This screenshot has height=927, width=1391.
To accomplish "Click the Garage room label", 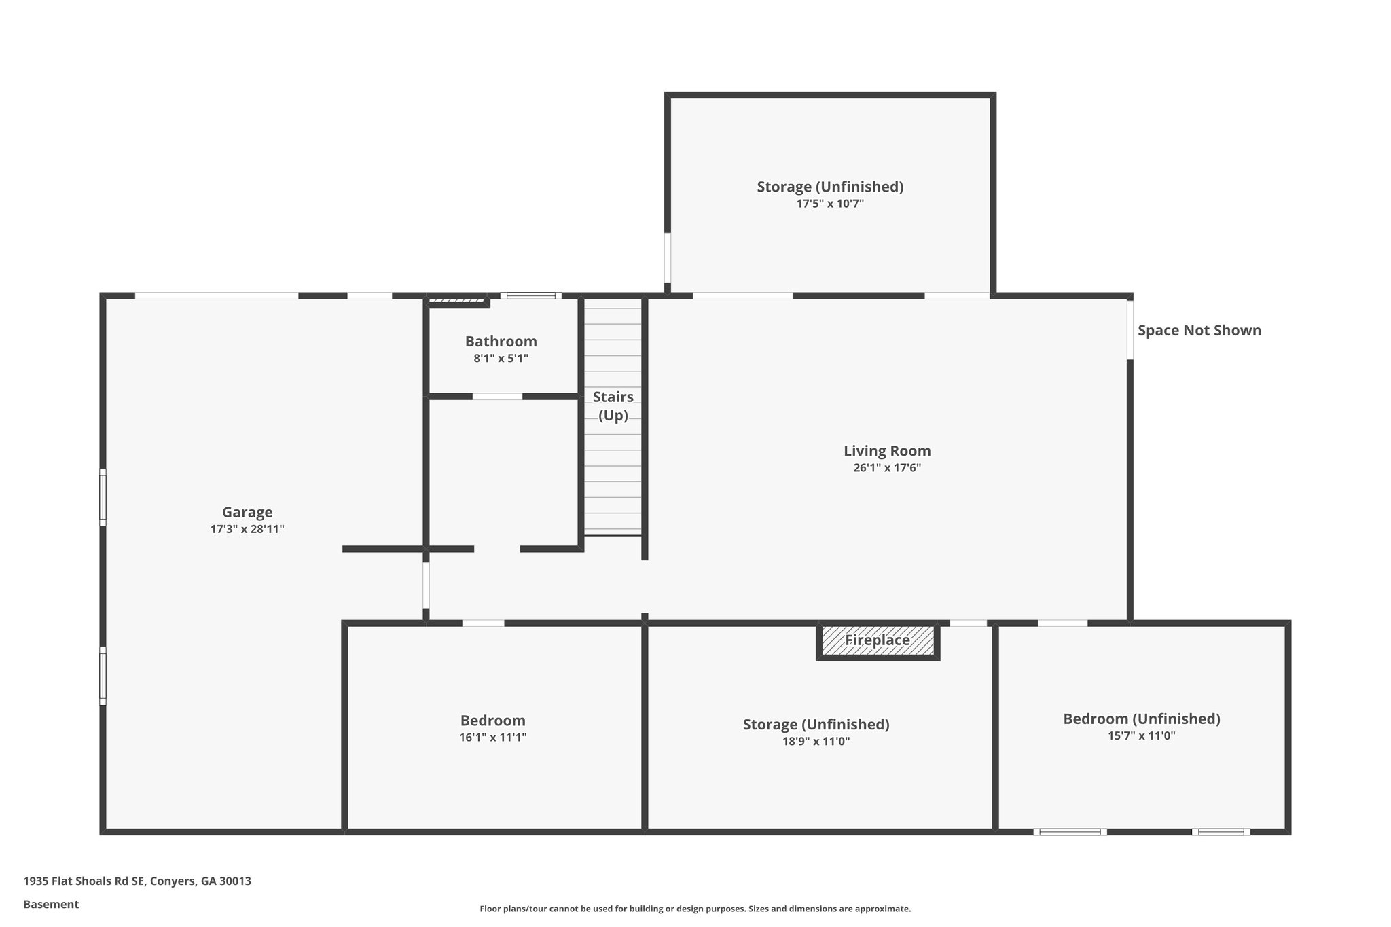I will click(247, 512).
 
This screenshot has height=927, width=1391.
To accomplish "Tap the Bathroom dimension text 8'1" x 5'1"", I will click(501, 358).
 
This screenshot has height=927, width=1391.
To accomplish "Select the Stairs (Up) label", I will click(613, 405).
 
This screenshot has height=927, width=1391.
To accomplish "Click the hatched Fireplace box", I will click(878, 640).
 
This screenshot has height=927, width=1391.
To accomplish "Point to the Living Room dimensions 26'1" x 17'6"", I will click(887, 467).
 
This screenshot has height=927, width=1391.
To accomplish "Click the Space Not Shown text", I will click(1199, 331).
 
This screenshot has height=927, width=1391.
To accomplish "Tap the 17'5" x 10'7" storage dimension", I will click(830, 203).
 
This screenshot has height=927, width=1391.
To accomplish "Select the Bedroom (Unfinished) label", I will click(1141, 719).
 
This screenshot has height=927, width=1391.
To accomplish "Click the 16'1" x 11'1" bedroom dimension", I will click(492, 737).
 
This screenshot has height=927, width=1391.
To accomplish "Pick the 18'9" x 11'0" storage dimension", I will click(816, 741).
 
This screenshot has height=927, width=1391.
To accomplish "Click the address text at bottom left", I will click(137, 881).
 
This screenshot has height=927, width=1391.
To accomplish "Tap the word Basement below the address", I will click(51, 904).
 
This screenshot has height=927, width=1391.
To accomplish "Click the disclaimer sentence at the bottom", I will click(695, 909).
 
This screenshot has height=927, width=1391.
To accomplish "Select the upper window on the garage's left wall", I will click(103, 497).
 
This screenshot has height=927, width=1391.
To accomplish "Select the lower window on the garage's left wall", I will click(103, 676).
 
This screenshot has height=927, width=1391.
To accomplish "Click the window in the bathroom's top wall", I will click(531, 295).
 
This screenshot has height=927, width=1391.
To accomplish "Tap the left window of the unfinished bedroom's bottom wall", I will click(1070, 831).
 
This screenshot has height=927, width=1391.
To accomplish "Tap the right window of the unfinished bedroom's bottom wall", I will click(1221, 831).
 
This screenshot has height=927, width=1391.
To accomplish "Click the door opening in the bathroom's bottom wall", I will click(497, 397).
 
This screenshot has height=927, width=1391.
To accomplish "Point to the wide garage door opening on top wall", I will click(216, 295).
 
